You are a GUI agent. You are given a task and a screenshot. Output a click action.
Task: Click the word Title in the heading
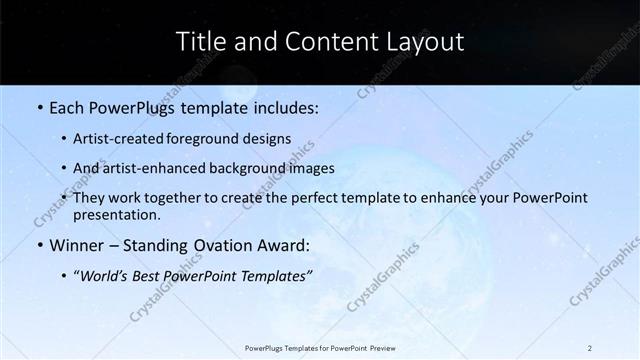click(x=200, y=42)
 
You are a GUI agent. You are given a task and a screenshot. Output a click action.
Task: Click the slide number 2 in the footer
click(x=590, y=347)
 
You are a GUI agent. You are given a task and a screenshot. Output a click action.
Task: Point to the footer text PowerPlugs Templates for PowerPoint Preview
click(x=319, y=347)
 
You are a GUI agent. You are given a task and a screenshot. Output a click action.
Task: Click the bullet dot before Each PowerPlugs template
click(x=38, y=106)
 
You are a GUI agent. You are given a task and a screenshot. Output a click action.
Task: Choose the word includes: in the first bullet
click(x=286, y=106)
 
